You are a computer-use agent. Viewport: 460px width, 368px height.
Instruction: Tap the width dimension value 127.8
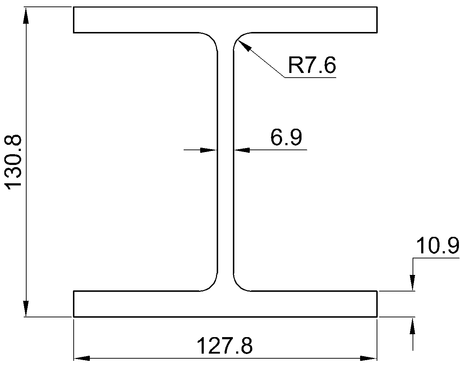[225, 346]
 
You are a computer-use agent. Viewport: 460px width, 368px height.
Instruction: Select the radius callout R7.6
[312, 65]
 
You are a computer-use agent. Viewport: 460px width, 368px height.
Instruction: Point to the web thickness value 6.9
[286, 137]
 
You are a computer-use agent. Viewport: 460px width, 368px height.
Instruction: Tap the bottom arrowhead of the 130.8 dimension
[26, 308]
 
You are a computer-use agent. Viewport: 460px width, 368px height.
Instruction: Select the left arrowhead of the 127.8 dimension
[82, 358]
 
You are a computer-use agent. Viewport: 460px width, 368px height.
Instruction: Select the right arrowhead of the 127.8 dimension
[368, 358]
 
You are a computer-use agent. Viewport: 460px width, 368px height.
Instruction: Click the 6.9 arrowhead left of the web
[208, 150]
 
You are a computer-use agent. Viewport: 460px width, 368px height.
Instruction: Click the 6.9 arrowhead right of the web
[242, 150]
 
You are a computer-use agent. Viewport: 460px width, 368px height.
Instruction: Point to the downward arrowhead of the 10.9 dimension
[413, 282]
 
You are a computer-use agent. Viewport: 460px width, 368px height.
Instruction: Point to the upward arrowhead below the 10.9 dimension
[413, 326]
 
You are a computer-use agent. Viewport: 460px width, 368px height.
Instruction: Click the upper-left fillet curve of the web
[212, 38]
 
